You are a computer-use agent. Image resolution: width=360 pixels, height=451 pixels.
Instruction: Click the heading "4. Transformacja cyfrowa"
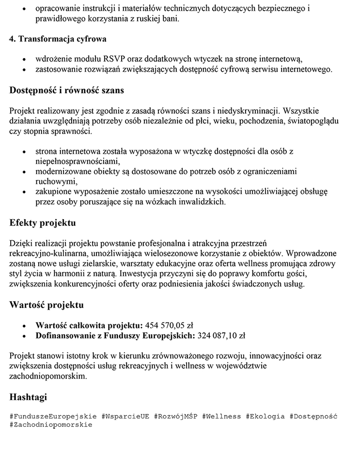pos(58,39)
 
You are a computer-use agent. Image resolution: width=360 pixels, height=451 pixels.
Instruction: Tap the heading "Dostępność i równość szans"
pos(67,90)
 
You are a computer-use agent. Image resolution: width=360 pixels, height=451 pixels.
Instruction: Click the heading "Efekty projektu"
pos(43,224)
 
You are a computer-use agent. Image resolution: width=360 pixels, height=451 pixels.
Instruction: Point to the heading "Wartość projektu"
pos(47,305)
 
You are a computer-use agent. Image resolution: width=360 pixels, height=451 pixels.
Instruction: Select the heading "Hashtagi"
pos(28,397)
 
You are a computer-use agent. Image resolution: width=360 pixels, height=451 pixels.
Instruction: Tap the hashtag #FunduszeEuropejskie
pos(53,416)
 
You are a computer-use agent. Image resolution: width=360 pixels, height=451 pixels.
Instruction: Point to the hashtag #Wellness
pos(221,416)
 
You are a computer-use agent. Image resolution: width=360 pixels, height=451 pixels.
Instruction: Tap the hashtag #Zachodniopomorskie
pos(51,424)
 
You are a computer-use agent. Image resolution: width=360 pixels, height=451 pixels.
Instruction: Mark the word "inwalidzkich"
pos(203,201)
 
